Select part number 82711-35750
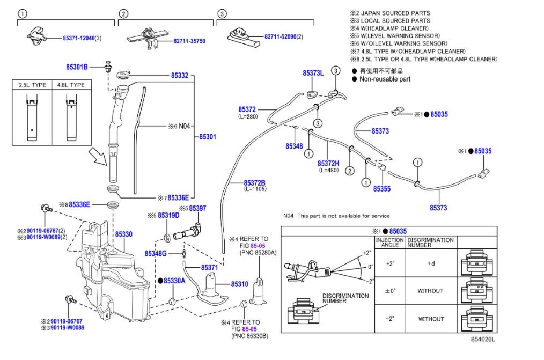pos(189,41)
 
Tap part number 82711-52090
pos(280,36)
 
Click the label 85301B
pos(77,67)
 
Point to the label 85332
pos(180,76)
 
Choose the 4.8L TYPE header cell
pos(70,85)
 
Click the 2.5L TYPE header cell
pos(32,85)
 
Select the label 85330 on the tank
pos(123,234)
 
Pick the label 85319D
pos(167,215)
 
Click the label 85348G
pos(156,253)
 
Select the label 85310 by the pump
pos(239,284)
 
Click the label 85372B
pos(255,182)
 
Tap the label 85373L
pos(313,73)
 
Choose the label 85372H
pos(328,163)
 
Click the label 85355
pos(382,189)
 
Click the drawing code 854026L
pos(483,339)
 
